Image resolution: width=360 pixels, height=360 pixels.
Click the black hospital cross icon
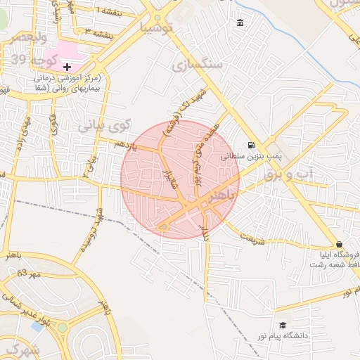tap(67, 66)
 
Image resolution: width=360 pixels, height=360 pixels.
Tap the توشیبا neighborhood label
tap(156, 28)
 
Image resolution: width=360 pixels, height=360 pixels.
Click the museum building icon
tap(241, 23)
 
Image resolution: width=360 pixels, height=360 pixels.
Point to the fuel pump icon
tap(251, 146)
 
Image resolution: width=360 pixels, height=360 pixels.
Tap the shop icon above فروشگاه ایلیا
tap(340, 244)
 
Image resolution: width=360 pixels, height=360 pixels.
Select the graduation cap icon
tap(282, 326)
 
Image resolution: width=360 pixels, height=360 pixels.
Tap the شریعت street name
tap(254, 239)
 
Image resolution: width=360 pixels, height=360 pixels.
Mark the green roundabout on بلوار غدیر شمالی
tap(63, 327)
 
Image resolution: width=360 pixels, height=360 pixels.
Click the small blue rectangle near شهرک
tap(37, 327)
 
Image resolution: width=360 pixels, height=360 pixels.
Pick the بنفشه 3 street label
tap(98, 32)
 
